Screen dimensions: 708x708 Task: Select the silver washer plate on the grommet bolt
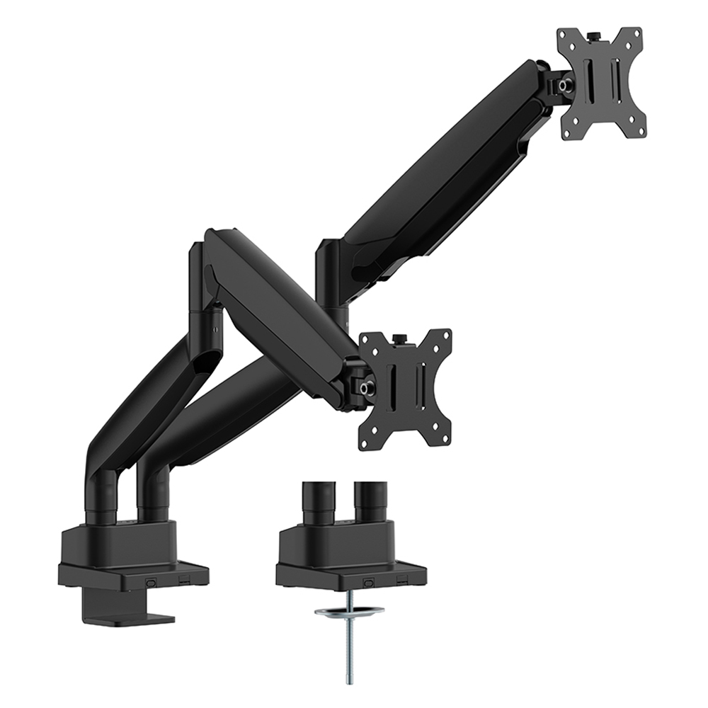pyautogui.click(x=350, y=610)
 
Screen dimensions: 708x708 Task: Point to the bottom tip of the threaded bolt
pyautogui.click(x=350, y=681)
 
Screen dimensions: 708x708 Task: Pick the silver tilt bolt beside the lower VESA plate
pyautogui.click(x=365, y=388)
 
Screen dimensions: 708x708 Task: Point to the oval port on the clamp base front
pyautogui.click(x=150, y=581)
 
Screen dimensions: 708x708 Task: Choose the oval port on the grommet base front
pyautogui.click(x=367, y=581)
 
